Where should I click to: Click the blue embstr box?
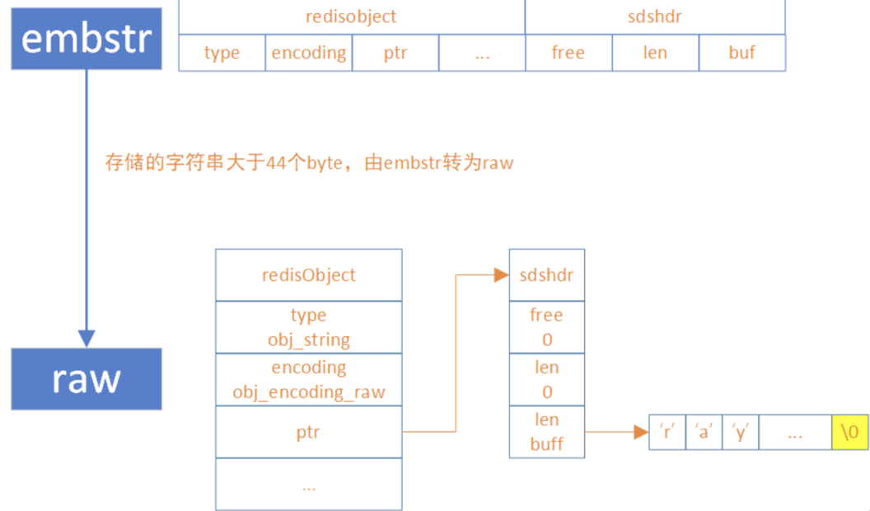(87, 39)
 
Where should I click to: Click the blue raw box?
(87, 379)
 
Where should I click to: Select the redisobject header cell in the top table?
(352, 16)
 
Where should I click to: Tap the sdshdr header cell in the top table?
(655, 16)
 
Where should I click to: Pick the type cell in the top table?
(222, 53)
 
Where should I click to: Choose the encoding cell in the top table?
(309, 53)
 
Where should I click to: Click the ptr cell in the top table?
(395, 53)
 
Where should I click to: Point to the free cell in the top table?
(568, 53)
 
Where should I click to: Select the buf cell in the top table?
(741, 53)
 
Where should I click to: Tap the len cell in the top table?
(655, 53)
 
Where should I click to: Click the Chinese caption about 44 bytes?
(309, 162)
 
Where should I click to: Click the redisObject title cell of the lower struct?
(309, 275)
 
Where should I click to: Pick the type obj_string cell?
(309, 327)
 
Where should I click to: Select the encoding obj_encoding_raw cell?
(309, 379)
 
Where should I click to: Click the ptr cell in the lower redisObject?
(309, 431)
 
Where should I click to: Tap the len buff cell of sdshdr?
(547, 432)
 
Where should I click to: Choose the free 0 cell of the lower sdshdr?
(547, 327)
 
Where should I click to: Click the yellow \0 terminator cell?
(849, 432)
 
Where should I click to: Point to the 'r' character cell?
(667, 432)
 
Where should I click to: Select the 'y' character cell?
(741, 432)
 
